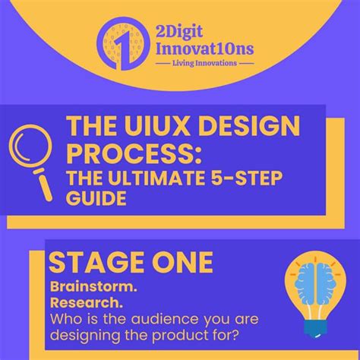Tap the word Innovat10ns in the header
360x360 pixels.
204,49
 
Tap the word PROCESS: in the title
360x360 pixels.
134,152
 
